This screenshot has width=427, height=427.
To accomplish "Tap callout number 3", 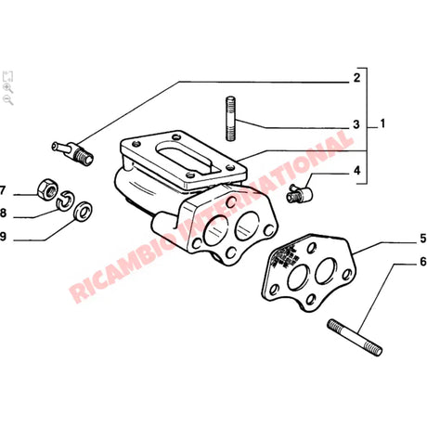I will (x=356, y=124).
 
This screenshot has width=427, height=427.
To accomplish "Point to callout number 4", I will (x=356, y=170).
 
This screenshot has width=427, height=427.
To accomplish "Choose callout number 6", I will (x=396, y=263).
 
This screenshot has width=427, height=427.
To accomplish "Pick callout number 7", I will (x=4, y=191).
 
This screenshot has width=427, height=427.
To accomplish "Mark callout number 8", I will (x=4, y=213).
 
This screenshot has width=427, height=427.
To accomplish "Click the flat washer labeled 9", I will (x=81, y=213).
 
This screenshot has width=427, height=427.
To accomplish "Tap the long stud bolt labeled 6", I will (x=355, y=335).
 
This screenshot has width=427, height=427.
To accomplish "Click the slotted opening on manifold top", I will (x=193, y=158).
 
